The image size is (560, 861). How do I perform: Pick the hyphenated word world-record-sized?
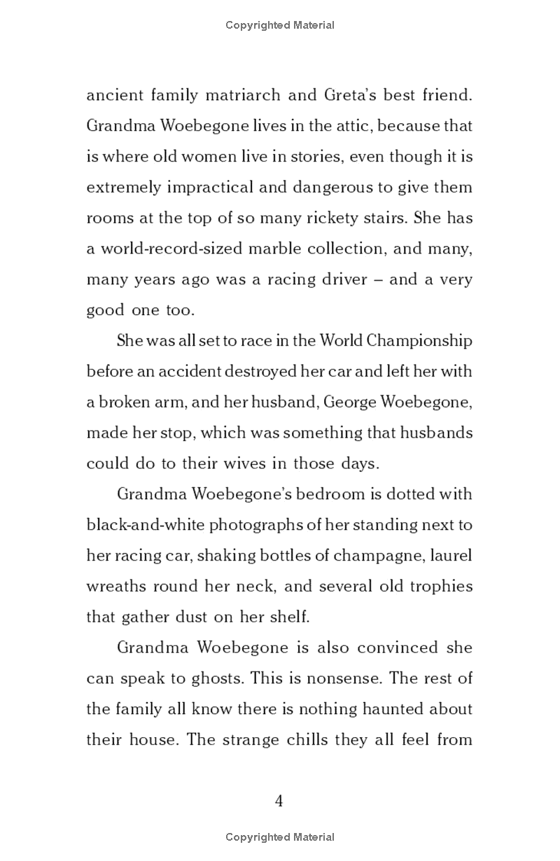165,248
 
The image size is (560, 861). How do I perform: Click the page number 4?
279,800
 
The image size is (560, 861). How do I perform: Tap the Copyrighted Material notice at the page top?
280,25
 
